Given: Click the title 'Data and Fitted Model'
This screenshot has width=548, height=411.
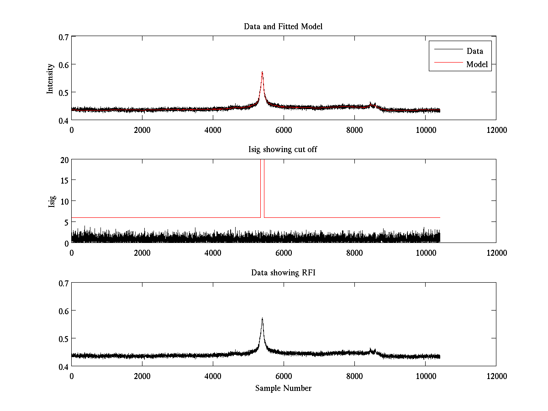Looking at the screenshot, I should click(x=283, y=26).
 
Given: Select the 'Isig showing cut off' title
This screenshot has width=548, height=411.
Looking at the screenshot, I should click(x=283, y=150).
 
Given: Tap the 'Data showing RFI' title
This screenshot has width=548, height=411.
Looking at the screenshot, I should click(x=283, y=273).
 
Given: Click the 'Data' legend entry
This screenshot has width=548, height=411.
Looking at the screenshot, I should click(x=474, y=51).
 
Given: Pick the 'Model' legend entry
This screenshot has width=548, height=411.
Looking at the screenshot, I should click(x=477, y=64).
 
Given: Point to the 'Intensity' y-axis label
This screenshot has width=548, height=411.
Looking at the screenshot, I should click(x=51, y=78).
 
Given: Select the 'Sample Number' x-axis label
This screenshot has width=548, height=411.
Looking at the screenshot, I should click(x=283, y=388).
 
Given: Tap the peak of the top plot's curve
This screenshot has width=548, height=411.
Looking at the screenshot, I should click(x=262, y=72).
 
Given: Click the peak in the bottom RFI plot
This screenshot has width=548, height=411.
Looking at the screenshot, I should click(x=262, y=318).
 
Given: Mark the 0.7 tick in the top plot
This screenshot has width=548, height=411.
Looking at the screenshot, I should click(x=63, y=37).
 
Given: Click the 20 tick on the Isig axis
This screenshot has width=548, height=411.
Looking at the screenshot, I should click(x=64, y=160).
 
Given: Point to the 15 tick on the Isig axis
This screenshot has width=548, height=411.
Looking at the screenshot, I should click(x=64, y=180).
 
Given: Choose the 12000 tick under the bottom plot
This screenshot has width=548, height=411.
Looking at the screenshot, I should click(x=496, y=376).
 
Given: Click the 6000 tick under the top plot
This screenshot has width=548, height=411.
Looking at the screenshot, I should click(x=284, y=130).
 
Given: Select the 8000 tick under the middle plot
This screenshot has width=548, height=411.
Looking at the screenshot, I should click(x=354, y=253).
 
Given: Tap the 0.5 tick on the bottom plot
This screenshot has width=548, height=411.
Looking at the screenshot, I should click(x=63, y=338).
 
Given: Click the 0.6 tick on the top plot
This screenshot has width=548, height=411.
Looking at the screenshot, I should click(x=63, y=64).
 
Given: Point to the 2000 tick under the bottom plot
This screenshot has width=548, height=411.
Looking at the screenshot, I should click(x=142, y=376).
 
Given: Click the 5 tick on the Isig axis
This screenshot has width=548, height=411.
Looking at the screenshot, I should click(x=66, y=222).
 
